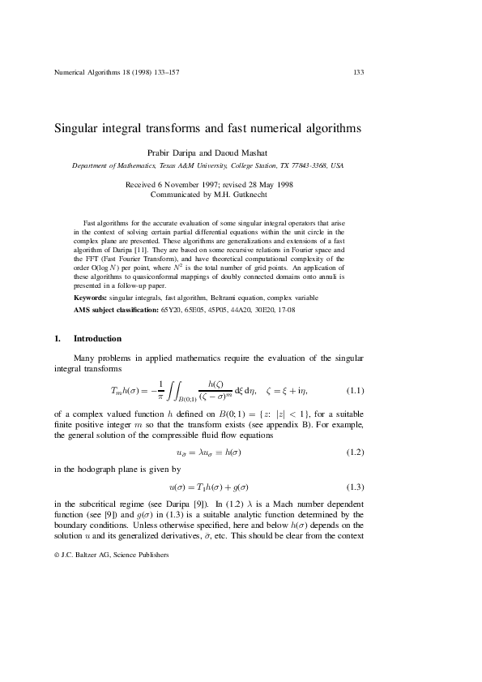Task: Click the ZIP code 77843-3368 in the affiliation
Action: point(307,165)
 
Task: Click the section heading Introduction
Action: point(97,338)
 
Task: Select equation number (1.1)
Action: point(356,391)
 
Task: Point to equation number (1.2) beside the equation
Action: point(356,450)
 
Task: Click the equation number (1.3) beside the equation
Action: point(356,487)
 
